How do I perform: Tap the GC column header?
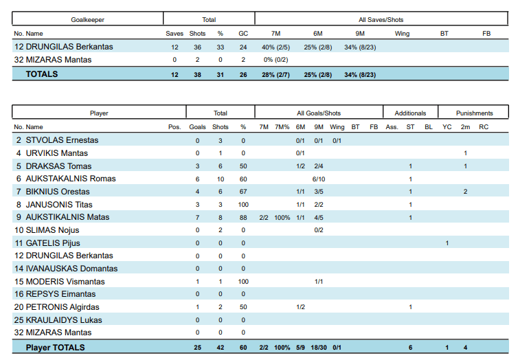click(243, 33)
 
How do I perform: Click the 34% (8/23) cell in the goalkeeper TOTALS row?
click(360, 74)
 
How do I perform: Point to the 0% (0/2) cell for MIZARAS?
click(275, 60)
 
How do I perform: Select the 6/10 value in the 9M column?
click(319, 179)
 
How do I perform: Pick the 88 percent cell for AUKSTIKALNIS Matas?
click(243, 217)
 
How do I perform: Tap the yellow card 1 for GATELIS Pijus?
click(447, 243)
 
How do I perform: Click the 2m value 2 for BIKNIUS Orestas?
click(465, 192)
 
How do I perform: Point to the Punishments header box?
click(474, 113)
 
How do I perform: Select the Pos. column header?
click(174, 127)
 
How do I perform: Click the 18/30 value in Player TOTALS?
click(319, 348)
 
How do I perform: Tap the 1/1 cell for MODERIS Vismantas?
click(319, 282)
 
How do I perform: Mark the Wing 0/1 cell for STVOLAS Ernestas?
click(337, 140)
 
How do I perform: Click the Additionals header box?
click(410, 113)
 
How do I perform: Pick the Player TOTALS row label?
click(55, 348)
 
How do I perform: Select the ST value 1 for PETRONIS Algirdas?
click(410, 307)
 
